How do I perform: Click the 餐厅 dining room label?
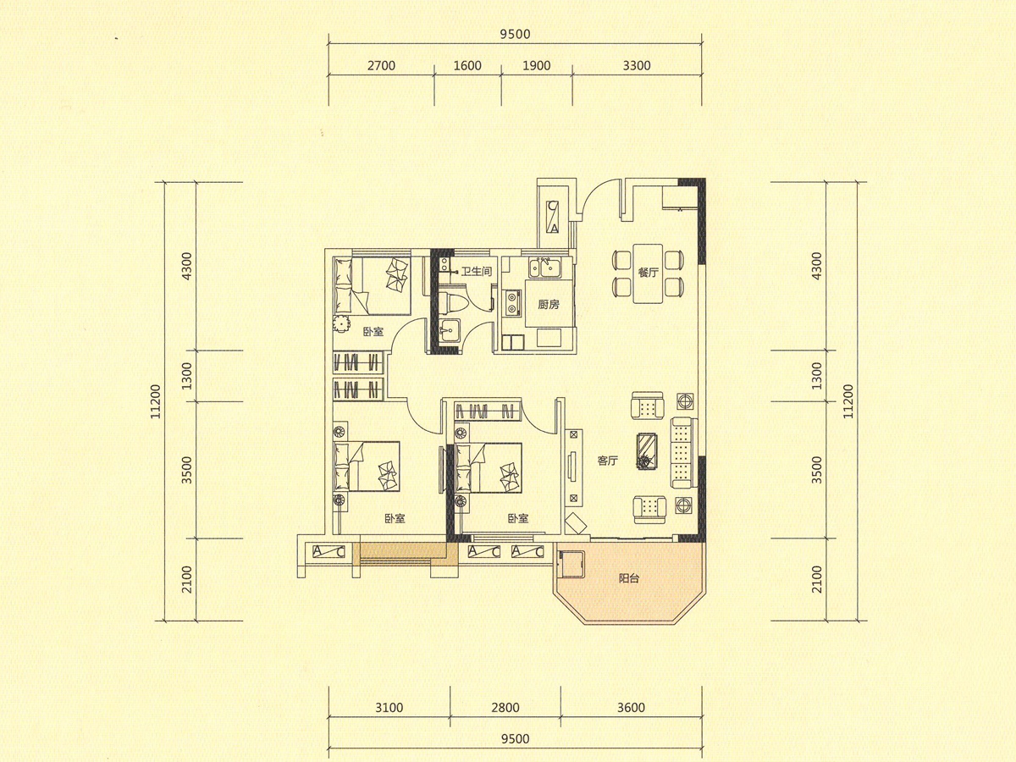point(648,273)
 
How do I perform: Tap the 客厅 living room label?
point(607,461)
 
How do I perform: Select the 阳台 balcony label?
point(629,578)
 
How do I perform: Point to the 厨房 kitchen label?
point(549,305)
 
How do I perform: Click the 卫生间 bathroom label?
point(477,271)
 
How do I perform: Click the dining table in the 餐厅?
point(648,273)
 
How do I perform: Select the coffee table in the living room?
point(646,451)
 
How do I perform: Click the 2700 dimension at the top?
point(381,66)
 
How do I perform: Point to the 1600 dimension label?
point(467,66)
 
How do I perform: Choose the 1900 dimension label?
point(537,66)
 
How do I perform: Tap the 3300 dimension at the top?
point(637,66)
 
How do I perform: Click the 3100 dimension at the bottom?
point(389,708)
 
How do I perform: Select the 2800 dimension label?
point(505,708)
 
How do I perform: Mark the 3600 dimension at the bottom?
point(631,708)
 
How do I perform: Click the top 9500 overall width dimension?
point(515,34)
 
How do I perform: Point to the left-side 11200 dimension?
point(156,401)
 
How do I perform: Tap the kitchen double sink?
point(544,268)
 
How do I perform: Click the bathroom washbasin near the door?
point(449,330)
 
